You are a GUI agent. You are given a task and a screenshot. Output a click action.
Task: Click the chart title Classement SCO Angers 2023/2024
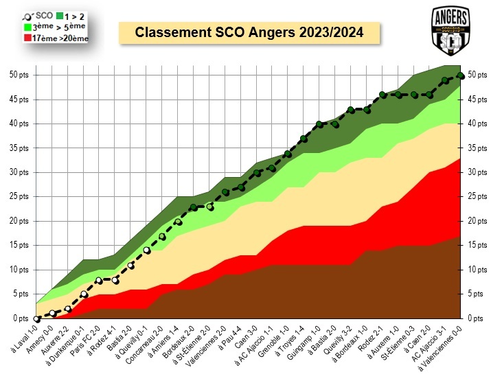coord(249,32)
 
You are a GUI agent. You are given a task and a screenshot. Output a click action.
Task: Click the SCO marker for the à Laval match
coord(36,318)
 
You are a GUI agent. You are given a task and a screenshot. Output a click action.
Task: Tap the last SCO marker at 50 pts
coord(461,75)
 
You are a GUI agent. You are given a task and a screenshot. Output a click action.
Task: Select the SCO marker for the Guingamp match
coord(319,124)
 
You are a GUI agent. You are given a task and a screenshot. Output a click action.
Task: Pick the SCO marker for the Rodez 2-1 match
coord(382,95)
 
